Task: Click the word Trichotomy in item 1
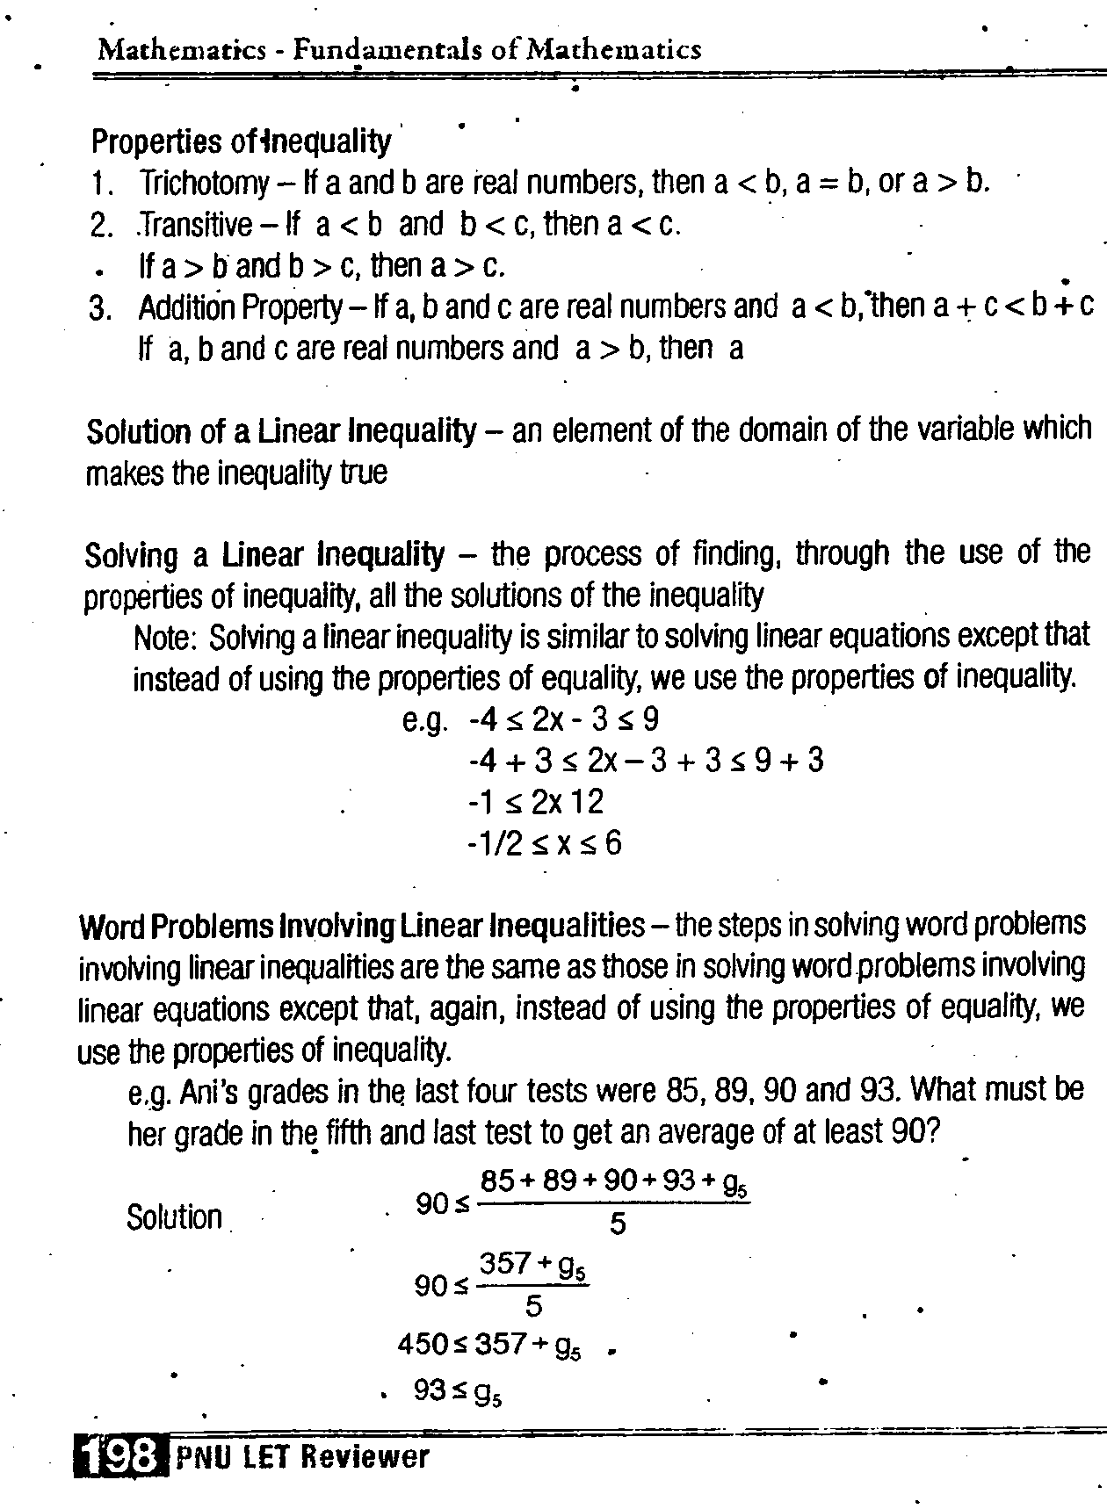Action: click(204, 183)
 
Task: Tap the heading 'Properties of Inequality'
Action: click(241, 141)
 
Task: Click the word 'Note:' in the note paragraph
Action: click(163, 638)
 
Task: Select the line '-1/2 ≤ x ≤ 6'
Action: click(545, 844)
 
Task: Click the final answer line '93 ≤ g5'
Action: click(457, 1391)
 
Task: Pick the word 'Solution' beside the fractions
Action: click(174, 1217)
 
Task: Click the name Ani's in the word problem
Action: click(210, 1092)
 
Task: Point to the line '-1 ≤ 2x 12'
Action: click(536, 802)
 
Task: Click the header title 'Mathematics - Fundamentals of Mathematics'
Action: click(400, 49)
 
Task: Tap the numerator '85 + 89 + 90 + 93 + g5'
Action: click(613, 1182)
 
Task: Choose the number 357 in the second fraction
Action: click(504, 1264)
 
